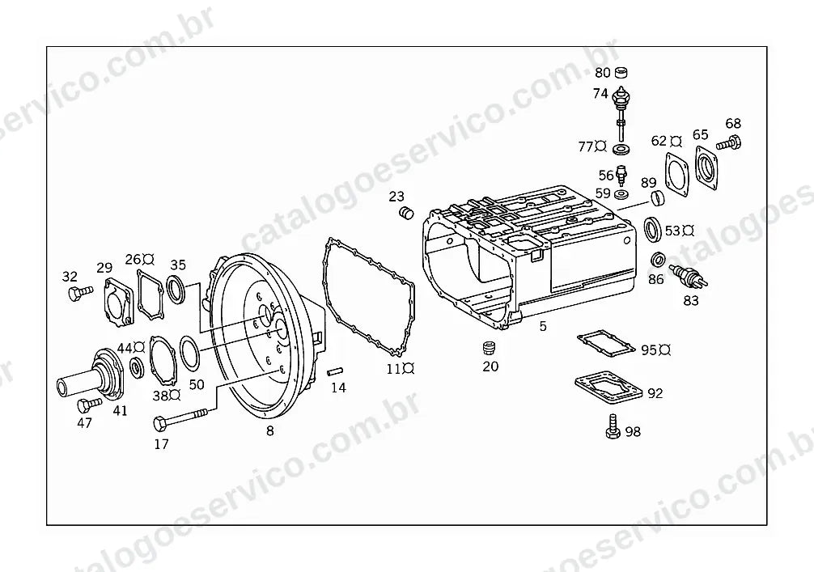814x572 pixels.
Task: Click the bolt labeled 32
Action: point(80,293)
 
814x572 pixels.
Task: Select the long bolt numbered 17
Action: point(180,418)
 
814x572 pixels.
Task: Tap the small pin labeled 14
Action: point(335,371)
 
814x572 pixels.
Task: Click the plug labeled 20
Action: point(487,347)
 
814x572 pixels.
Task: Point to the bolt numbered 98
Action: point(613,427)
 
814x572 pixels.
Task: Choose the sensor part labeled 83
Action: point(689,276)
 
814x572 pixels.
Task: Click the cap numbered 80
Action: point(621,72)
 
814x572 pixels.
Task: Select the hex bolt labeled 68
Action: point(729,142)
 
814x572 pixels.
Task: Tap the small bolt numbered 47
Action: point(89,404)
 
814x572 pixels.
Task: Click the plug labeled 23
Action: point(406,212)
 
